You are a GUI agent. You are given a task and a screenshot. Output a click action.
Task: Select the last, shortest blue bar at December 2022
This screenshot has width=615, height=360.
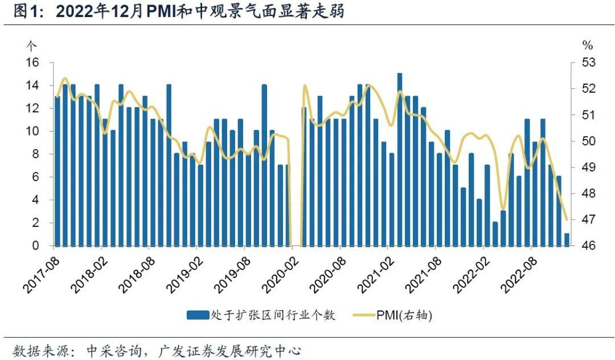(x=567, y=240)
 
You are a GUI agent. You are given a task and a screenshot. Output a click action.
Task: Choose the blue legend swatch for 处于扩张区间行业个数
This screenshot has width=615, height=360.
(x=198, y=314)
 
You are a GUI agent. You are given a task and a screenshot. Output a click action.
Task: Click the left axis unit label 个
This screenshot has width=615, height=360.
(x=32, y=45)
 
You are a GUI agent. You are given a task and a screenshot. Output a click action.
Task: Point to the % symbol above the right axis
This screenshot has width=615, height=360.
(x=588, y=45)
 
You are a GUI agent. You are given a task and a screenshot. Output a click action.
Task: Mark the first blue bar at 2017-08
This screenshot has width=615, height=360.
(x=58, y=171)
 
